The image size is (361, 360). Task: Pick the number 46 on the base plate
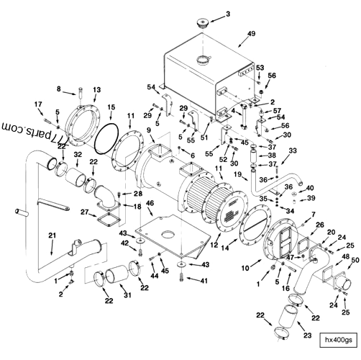150,204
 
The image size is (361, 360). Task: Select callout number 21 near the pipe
52,236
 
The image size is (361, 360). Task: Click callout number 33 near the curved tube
292,150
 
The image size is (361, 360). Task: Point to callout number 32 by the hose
77,155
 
